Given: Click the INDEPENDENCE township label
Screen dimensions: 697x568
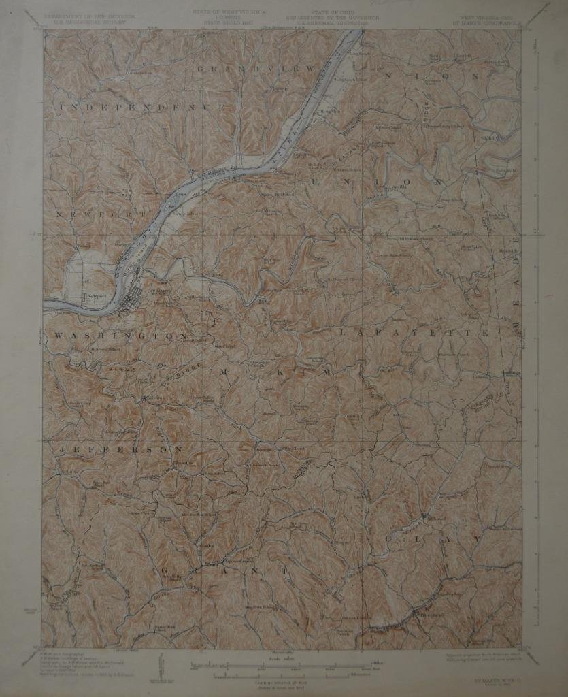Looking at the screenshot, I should tap(143, 108).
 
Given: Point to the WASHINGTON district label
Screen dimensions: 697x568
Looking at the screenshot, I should tap(120, 336).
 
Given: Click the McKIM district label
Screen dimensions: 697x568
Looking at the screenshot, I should tap(275, 372).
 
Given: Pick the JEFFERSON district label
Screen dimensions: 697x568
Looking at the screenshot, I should tap(121, 450).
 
